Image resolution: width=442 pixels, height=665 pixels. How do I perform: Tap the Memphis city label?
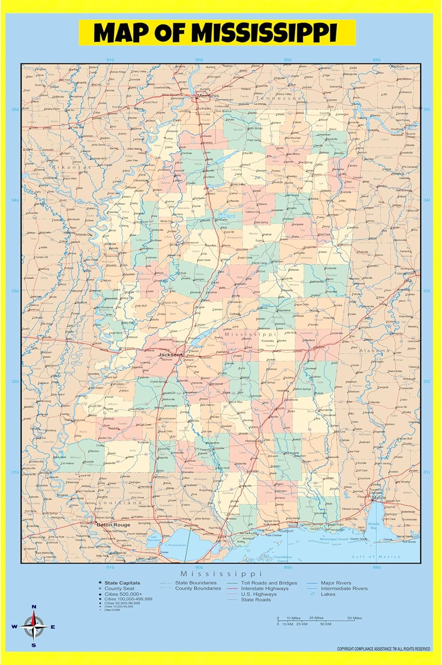(x=208, y=96)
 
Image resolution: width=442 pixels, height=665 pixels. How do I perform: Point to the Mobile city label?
(x=379, y=498)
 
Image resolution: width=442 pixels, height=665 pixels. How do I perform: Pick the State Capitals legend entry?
(x=122, y=583)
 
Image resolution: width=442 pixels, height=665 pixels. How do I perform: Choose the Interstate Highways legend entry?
(x=264, y=588)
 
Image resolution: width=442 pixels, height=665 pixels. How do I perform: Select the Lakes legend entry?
(x=328, y=594)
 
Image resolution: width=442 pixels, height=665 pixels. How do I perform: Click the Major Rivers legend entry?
(x=336, y=583)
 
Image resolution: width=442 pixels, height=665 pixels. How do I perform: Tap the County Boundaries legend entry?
(x=198, y=588)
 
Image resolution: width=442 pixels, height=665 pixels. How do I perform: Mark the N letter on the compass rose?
(x=34, y=607)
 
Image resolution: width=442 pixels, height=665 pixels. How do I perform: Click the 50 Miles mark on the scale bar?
(x=354, y=618)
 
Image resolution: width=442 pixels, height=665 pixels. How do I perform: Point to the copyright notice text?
(x=383, y=649)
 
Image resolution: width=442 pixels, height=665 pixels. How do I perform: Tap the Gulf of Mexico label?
(x=376, y=556)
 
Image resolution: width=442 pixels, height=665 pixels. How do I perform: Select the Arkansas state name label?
(x=71, y=168)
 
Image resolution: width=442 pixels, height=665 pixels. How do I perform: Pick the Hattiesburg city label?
(x=253, y=441)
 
